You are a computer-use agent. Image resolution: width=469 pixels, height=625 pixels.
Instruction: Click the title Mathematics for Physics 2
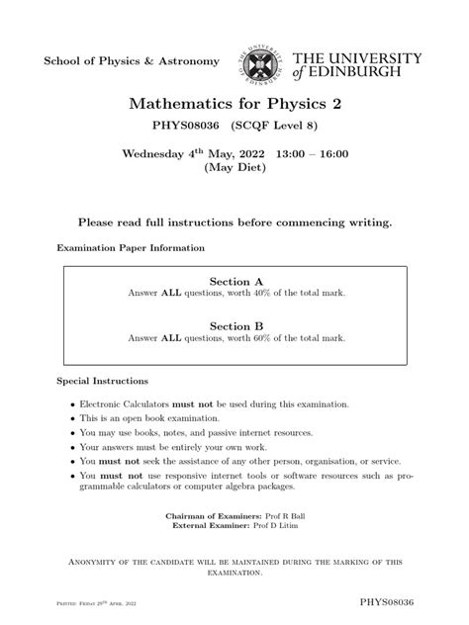(x=234, y=106)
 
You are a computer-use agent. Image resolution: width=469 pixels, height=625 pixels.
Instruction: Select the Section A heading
(x=234, y=281)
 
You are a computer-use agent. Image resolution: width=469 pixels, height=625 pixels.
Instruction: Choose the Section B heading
(x=234, y=324)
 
